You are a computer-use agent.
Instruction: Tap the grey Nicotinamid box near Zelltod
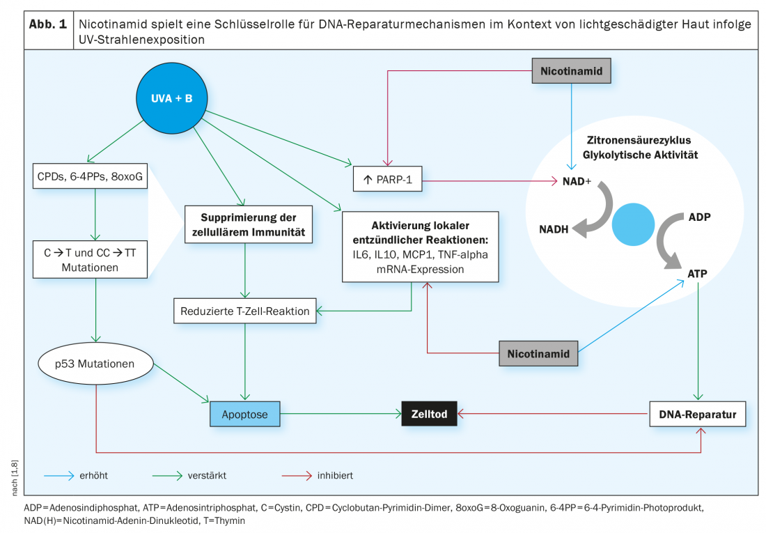(x=538, y=354)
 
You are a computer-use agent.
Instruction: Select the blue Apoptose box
(x=244, y=415)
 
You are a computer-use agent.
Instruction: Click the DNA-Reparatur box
(x=697, y=415)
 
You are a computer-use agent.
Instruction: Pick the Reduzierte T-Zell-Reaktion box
(x=244, y=311)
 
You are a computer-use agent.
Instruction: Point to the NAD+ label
(x=577, y=181)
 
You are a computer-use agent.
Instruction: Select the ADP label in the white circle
(x=698, y=217)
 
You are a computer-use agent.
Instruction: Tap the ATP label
(x=697, y=273)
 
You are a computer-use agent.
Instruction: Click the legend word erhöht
(x=93, y=476)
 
